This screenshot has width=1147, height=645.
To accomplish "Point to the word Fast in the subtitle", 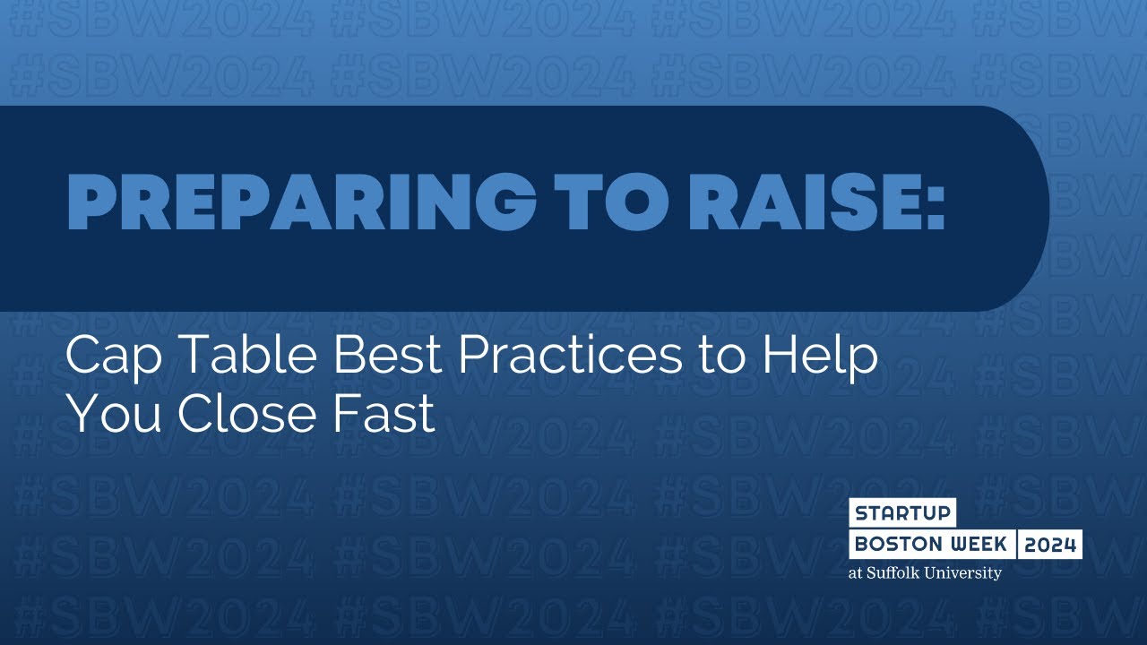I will tap(391, 414).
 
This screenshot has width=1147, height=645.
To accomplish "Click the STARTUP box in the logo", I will tap(902, 514).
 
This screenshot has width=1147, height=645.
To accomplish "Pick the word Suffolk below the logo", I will tap(896, 573).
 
